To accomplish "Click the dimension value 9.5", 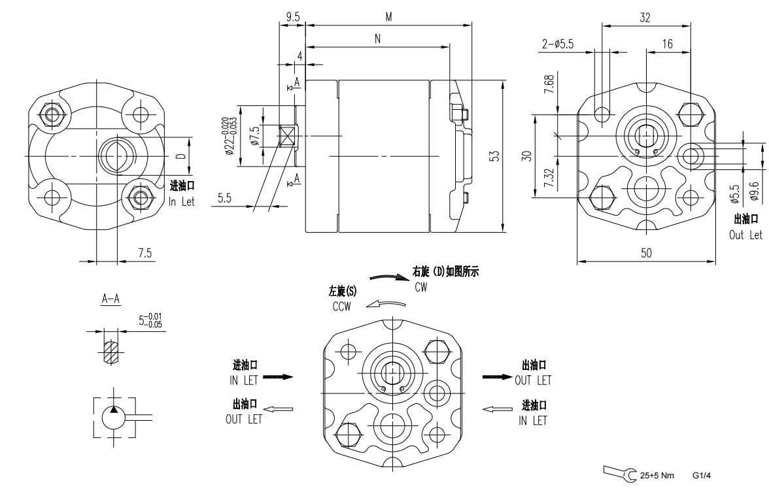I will pyautogui.click(x=292, y=17).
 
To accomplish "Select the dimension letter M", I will pyautogui.click(x=388, y=17).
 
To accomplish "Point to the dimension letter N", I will pyautogui.click(x=378, y=39).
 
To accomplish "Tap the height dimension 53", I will pyautogui.click(x=495, y=156).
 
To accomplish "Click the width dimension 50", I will pyautogui.click(x=646, y=253).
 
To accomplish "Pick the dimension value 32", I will pyautogui.click(x=645, y=18).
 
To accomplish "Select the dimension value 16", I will pyautogui.click(x=667, y=44).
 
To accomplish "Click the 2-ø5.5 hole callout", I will pyautogui.click(x=557, y=44).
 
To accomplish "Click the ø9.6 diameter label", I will pyautogui.click(x=753, y=193).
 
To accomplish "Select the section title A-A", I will pyautogui.click(x=111, y=299).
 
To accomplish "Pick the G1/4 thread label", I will pyautogui.click(x=702, y=476).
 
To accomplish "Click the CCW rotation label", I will pyautogui.click(x=342, y=307).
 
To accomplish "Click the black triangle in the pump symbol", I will pyautogui.click(x=114, y=410).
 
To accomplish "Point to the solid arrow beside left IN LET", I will pyautogui.click(x=277, y=377).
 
